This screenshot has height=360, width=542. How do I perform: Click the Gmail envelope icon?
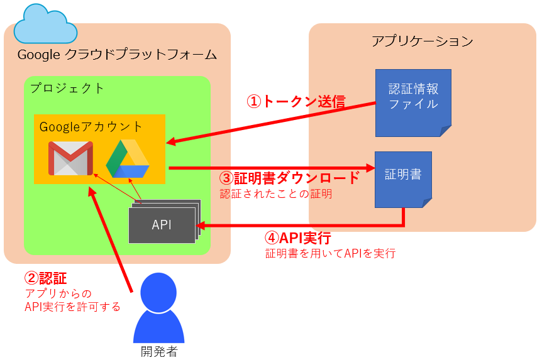pos(70,158)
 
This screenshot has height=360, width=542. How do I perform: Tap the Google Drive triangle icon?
pos(128,160)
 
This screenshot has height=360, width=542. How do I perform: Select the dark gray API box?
pos(162,225)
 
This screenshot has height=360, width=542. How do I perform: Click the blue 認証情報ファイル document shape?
pos(413,102)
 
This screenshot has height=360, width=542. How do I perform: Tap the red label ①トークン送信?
pos(296,101)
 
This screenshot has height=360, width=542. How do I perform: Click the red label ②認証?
pos(45,278)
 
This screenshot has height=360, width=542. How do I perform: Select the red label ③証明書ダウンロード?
pos(290,178)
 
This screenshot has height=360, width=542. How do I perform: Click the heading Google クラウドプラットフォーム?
pos(117,55)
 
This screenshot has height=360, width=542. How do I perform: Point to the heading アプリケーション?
pos(422,41)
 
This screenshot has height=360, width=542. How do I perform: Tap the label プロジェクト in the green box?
pos(67,88)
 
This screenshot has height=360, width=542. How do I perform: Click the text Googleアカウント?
pos(91,126)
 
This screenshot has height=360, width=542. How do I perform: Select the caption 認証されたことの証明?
pos(276,194)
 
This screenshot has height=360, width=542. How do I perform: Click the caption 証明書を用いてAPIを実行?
pos(330,254)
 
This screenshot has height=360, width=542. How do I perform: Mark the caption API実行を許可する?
pos(72,307)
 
